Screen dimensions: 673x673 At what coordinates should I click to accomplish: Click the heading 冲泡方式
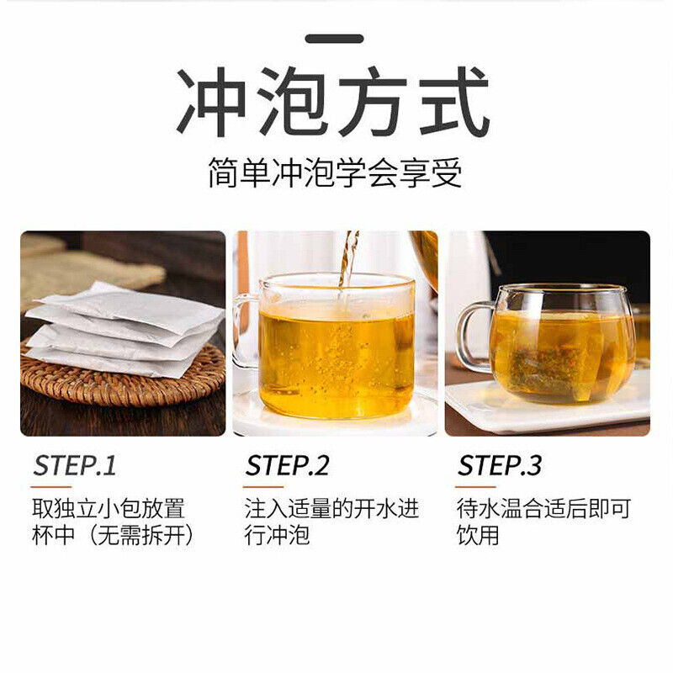333,102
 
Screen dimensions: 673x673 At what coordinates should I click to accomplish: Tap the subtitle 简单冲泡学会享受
335,172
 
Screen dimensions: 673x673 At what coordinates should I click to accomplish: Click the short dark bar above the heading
334,39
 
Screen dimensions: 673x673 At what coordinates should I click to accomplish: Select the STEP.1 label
75,466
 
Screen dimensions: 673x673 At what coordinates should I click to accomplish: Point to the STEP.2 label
287,466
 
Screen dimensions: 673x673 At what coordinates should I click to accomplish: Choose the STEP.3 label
500,466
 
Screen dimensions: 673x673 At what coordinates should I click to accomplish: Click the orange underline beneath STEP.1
51,487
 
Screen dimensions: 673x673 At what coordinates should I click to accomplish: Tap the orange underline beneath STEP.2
263,487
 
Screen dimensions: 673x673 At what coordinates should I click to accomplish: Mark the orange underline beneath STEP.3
475,487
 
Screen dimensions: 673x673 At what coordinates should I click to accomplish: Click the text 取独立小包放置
109,509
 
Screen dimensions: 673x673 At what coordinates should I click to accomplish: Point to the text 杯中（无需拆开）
113,535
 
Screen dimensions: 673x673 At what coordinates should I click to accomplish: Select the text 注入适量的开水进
331,509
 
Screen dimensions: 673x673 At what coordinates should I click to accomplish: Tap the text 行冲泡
277,535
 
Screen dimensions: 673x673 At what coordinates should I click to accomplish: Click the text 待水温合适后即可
543,509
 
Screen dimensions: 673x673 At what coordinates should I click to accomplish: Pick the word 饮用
478,535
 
